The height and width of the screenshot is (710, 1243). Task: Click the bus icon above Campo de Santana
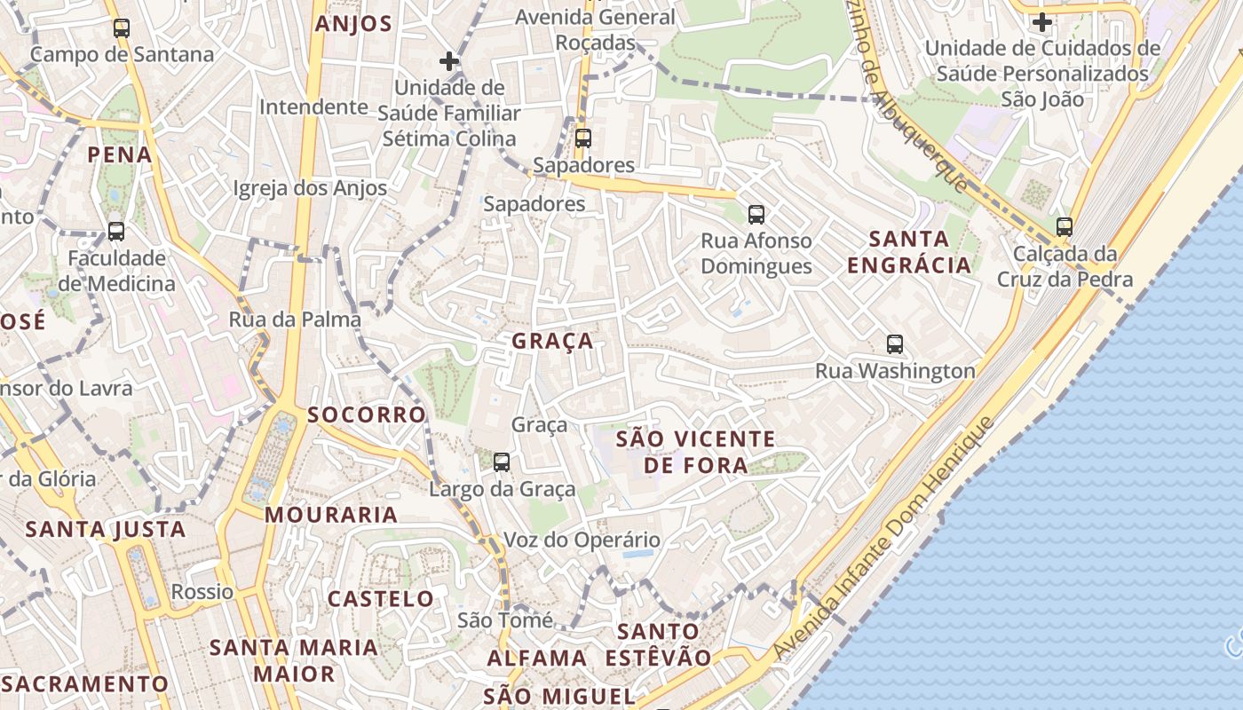point(122,28)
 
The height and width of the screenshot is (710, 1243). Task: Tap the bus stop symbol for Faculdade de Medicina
point(116,232)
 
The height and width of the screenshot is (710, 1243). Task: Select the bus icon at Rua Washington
point(895,344)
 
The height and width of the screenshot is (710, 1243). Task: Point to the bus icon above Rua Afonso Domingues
point(756,214)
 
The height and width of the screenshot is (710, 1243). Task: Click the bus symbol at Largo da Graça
point(502,461)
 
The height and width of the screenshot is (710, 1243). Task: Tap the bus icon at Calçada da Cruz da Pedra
point(1065,227)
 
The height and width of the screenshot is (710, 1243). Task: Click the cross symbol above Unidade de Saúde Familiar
point(449,61)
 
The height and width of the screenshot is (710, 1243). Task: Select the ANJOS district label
point(353,24)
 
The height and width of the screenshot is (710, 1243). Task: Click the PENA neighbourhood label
point(120,155)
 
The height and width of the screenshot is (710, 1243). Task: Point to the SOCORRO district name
point(367,415)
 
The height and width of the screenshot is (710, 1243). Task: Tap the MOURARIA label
point(331,515)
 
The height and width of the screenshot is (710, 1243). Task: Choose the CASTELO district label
point(381,599)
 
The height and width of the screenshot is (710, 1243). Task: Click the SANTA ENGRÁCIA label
point(909,252)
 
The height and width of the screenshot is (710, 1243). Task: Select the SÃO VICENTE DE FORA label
point(696,452)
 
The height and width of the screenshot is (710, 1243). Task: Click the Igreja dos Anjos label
point(310,188)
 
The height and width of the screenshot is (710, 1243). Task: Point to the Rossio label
point(202,592)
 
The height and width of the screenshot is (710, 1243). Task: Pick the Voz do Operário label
point(582,540)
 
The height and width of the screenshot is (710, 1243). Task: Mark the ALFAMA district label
point(536,659)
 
